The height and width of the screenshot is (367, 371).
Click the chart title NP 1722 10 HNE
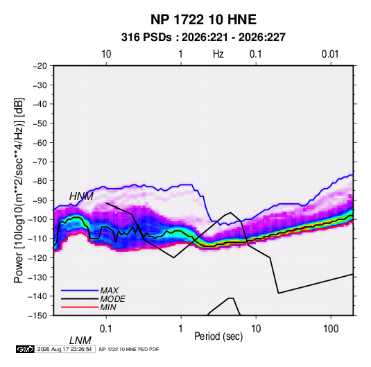[x=203, y=19]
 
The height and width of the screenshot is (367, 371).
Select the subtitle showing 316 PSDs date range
[x=203, y=37]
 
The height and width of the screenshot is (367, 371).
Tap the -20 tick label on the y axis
[x=40, y=66]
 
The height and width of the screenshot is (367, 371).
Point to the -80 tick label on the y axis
[x=40, y=181]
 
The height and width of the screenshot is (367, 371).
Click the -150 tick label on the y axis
[x=37, y=316]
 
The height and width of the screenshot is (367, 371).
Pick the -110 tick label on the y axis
[x=37, y=239]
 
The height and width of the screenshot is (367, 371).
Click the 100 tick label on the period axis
[x=331, y=329]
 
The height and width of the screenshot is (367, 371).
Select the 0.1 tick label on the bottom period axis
[x=106, y=329]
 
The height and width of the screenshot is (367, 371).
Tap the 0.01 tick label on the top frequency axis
[x=330, y=54]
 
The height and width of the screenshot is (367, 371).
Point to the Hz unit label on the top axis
[x=218, y=54]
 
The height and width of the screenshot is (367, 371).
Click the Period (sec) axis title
[x=218, y=336]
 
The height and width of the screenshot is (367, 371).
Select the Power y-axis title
[x=19, y=190]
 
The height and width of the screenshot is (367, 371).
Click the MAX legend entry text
[x=110, y=291]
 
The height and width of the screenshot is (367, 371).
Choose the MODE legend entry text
[x=112, y=299]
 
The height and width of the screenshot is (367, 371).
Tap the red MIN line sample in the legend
[x=80, y=307]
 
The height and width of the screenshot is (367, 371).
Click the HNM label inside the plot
[x=81, y=196]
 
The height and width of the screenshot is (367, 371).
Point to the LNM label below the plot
[x=80, y=341]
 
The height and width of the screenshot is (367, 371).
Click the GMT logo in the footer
[x=26, y=349]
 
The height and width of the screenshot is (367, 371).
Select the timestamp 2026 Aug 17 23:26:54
[x=64, y=349]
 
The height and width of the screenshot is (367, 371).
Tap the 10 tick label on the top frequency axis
[x=106, y=54]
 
